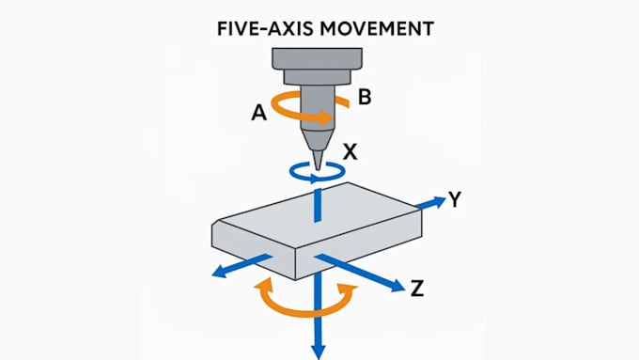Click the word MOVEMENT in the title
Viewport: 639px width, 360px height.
coord(377,29)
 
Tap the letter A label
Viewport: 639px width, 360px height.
coord(258,112)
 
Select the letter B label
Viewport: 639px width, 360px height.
coord(365,98)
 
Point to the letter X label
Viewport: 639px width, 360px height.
coord(351,152)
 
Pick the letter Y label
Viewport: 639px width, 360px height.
coord(455,199)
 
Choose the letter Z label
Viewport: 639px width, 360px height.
coord(416,289)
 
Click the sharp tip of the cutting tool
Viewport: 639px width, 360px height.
coord(319,169)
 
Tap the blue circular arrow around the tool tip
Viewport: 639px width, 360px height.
coord(318,178)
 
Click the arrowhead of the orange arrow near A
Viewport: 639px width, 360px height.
coord(327,118)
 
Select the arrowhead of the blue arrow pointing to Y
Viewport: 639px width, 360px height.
coord(439,201)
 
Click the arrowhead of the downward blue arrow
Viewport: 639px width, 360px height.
coord(319,352)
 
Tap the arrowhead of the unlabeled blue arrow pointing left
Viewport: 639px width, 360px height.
coord(220,272)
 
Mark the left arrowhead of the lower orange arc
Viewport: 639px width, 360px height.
coord(264,285)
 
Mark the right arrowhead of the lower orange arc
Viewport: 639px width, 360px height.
coord(348,290)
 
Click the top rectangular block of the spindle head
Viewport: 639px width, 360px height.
coord(317,58)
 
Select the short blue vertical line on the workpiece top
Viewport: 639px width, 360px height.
coord(318,205)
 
